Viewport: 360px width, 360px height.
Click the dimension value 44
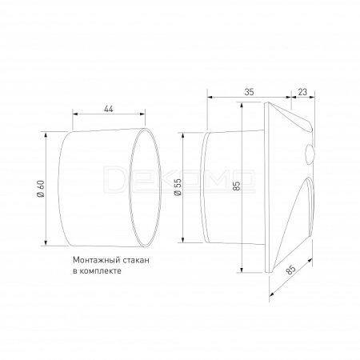click(109, 109)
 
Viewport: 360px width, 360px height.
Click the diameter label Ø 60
click(41, 189)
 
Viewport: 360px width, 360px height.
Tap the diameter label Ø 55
click(178, 187)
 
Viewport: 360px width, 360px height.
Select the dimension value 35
click(249, 92)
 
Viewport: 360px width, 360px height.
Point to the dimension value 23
click(302, 92)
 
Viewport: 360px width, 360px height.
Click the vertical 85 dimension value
click(237, 186)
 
